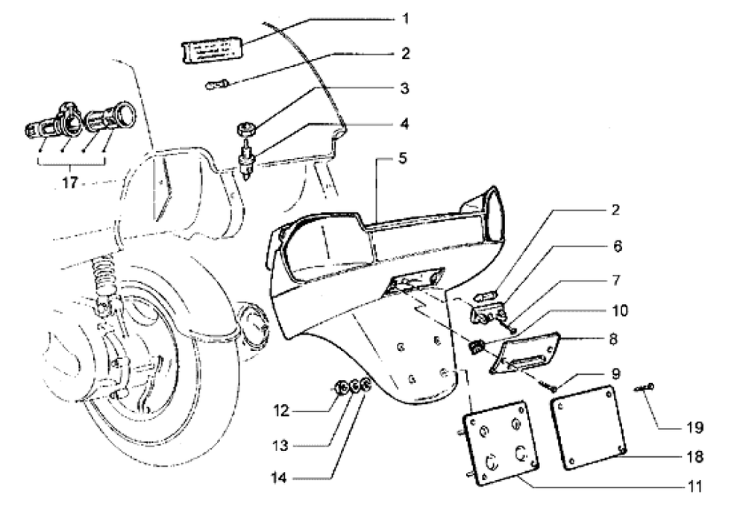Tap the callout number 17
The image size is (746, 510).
tap(72, 184)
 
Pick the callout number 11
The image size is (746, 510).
tap(695, 486)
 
